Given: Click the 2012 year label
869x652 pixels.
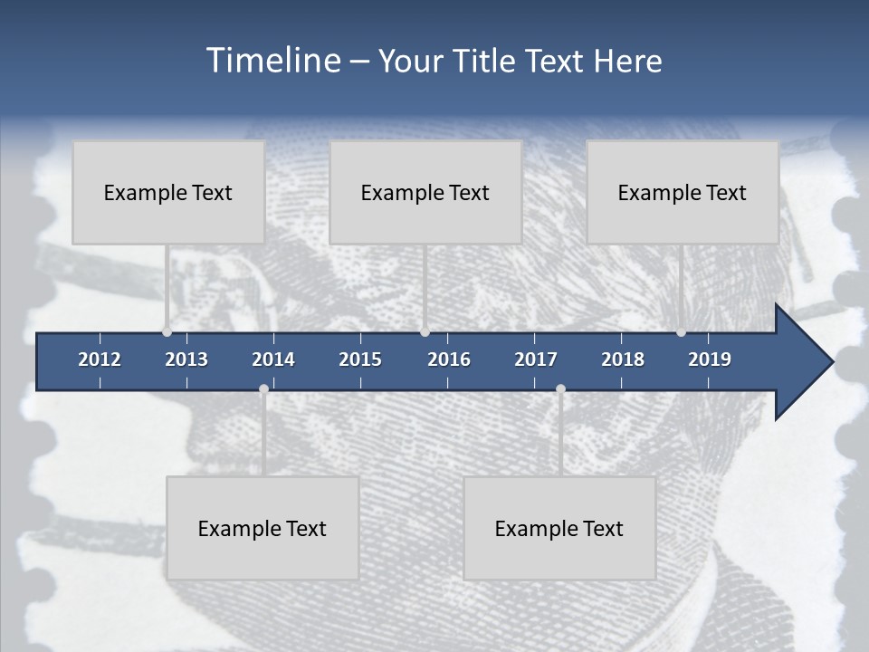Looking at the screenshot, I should pyautogui.click(x=100, y=360).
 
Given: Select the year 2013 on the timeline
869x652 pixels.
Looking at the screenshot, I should pyautogui.click(x=186, y=360).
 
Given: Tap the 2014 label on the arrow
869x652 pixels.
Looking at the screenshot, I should pyautogui.click(x=273, y=360).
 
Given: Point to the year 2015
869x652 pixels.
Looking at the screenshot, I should pyautogui.click(x=360, y=360).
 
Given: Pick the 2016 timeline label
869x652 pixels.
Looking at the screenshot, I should pyautogui.click(x=449, y=360).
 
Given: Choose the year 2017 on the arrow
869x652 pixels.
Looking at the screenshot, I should pyautogui.click(x=536, y=360).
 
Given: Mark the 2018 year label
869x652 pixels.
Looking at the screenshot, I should pyautogui.click(x=623, y=360).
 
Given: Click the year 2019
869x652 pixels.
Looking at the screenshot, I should pyautogui.click(x=710, y=360).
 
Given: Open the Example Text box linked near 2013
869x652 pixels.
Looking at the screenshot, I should pyautogui.click(x=168, y=192).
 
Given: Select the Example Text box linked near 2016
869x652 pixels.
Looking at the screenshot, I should pyautogui.click(x=425, y=192).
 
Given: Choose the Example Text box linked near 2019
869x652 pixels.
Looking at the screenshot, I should pyautogui.click(x=683, y=192).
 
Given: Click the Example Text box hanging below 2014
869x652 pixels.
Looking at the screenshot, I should pyautogui.click(x=263, y=528).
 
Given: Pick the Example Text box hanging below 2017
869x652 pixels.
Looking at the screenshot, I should pyautogui.click(x=559, y=528).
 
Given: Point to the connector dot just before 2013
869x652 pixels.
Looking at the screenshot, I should pyautogui.click(x=167, y=332).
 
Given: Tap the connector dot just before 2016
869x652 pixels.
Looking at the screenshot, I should pyautogui.click(x=425, y=332).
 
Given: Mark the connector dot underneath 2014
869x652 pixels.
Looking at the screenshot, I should pyautogui.click(x=263, y=389).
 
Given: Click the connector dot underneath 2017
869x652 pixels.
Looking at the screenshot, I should pyautogui.click(x=560, y=389).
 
